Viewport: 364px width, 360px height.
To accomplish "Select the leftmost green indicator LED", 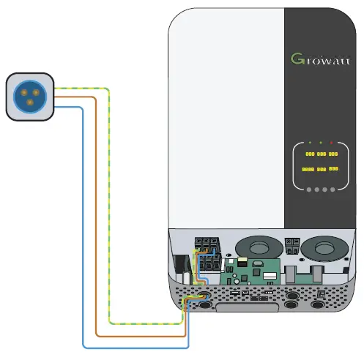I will pos(310,141).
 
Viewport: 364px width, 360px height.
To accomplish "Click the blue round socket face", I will pos(29,95).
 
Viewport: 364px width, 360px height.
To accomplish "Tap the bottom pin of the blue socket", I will pos(29,103).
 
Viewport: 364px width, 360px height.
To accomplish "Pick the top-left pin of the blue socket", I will pos(23,91).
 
